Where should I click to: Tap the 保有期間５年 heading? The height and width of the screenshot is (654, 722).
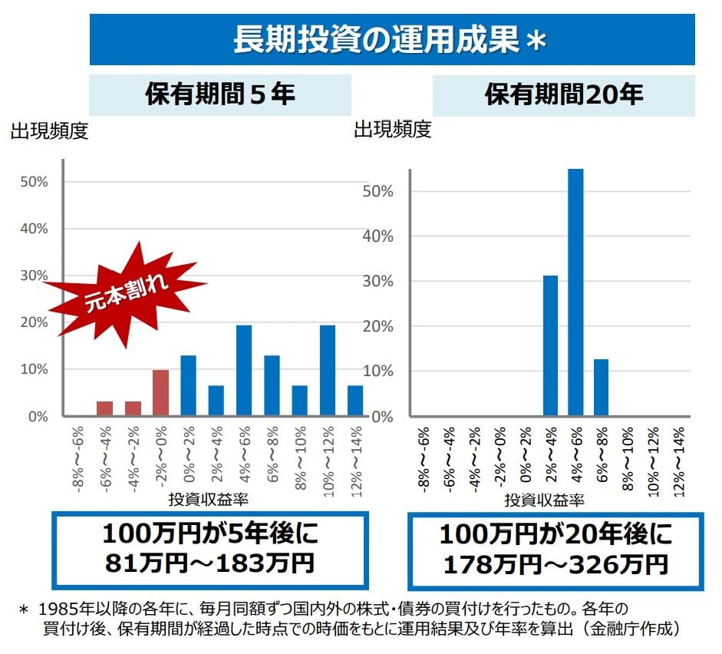(x=220, y=94)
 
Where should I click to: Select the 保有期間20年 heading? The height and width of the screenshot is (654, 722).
(x=563, y=94)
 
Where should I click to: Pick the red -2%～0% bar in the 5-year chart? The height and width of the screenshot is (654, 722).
(x=160, y=393)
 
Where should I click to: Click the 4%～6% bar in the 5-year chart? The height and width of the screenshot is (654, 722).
(x=244, y=371)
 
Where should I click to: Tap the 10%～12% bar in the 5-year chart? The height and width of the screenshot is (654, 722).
(x=328, y=371)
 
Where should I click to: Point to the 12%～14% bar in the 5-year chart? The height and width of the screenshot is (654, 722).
(x=355, y=401)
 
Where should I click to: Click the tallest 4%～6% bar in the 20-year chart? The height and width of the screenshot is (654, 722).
(x=575, y=292)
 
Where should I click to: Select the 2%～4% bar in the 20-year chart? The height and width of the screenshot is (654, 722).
(x=550, y=345)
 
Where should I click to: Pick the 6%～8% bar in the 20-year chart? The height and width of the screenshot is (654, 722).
(x=601, y=388)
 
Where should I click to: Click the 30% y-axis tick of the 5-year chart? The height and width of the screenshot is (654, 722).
(x=35, y=276)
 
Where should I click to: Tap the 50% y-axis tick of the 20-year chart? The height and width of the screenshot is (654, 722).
(x=377, y=191)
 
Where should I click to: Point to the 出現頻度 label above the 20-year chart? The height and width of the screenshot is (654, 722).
(x=392, y=130)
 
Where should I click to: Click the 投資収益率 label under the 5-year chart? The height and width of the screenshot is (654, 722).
(x=208, y=499)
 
